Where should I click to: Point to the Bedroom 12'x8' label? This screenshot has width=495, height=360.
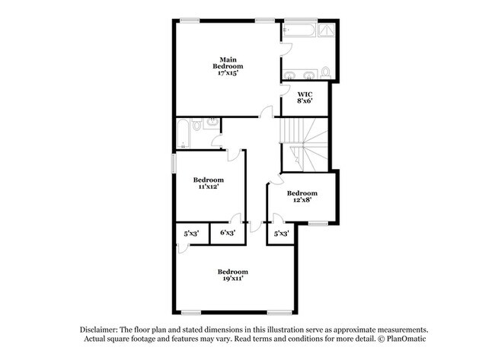pyautogui.click(x=302, y=197)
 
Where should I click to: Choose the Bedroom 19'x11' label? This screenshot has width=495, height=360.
pyautogui.click(x=232, y=276)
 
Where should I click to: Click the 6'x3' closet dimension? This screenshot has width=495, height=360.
pyautogui.click(x=227, y=233)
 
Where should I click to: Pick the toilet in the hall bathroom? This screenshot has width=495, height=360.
pyautogui.click(x=196, y=126)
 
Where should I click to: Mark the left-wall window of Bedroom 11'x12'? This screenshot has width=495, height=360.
pyautogui.click(x=173, y=163)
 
